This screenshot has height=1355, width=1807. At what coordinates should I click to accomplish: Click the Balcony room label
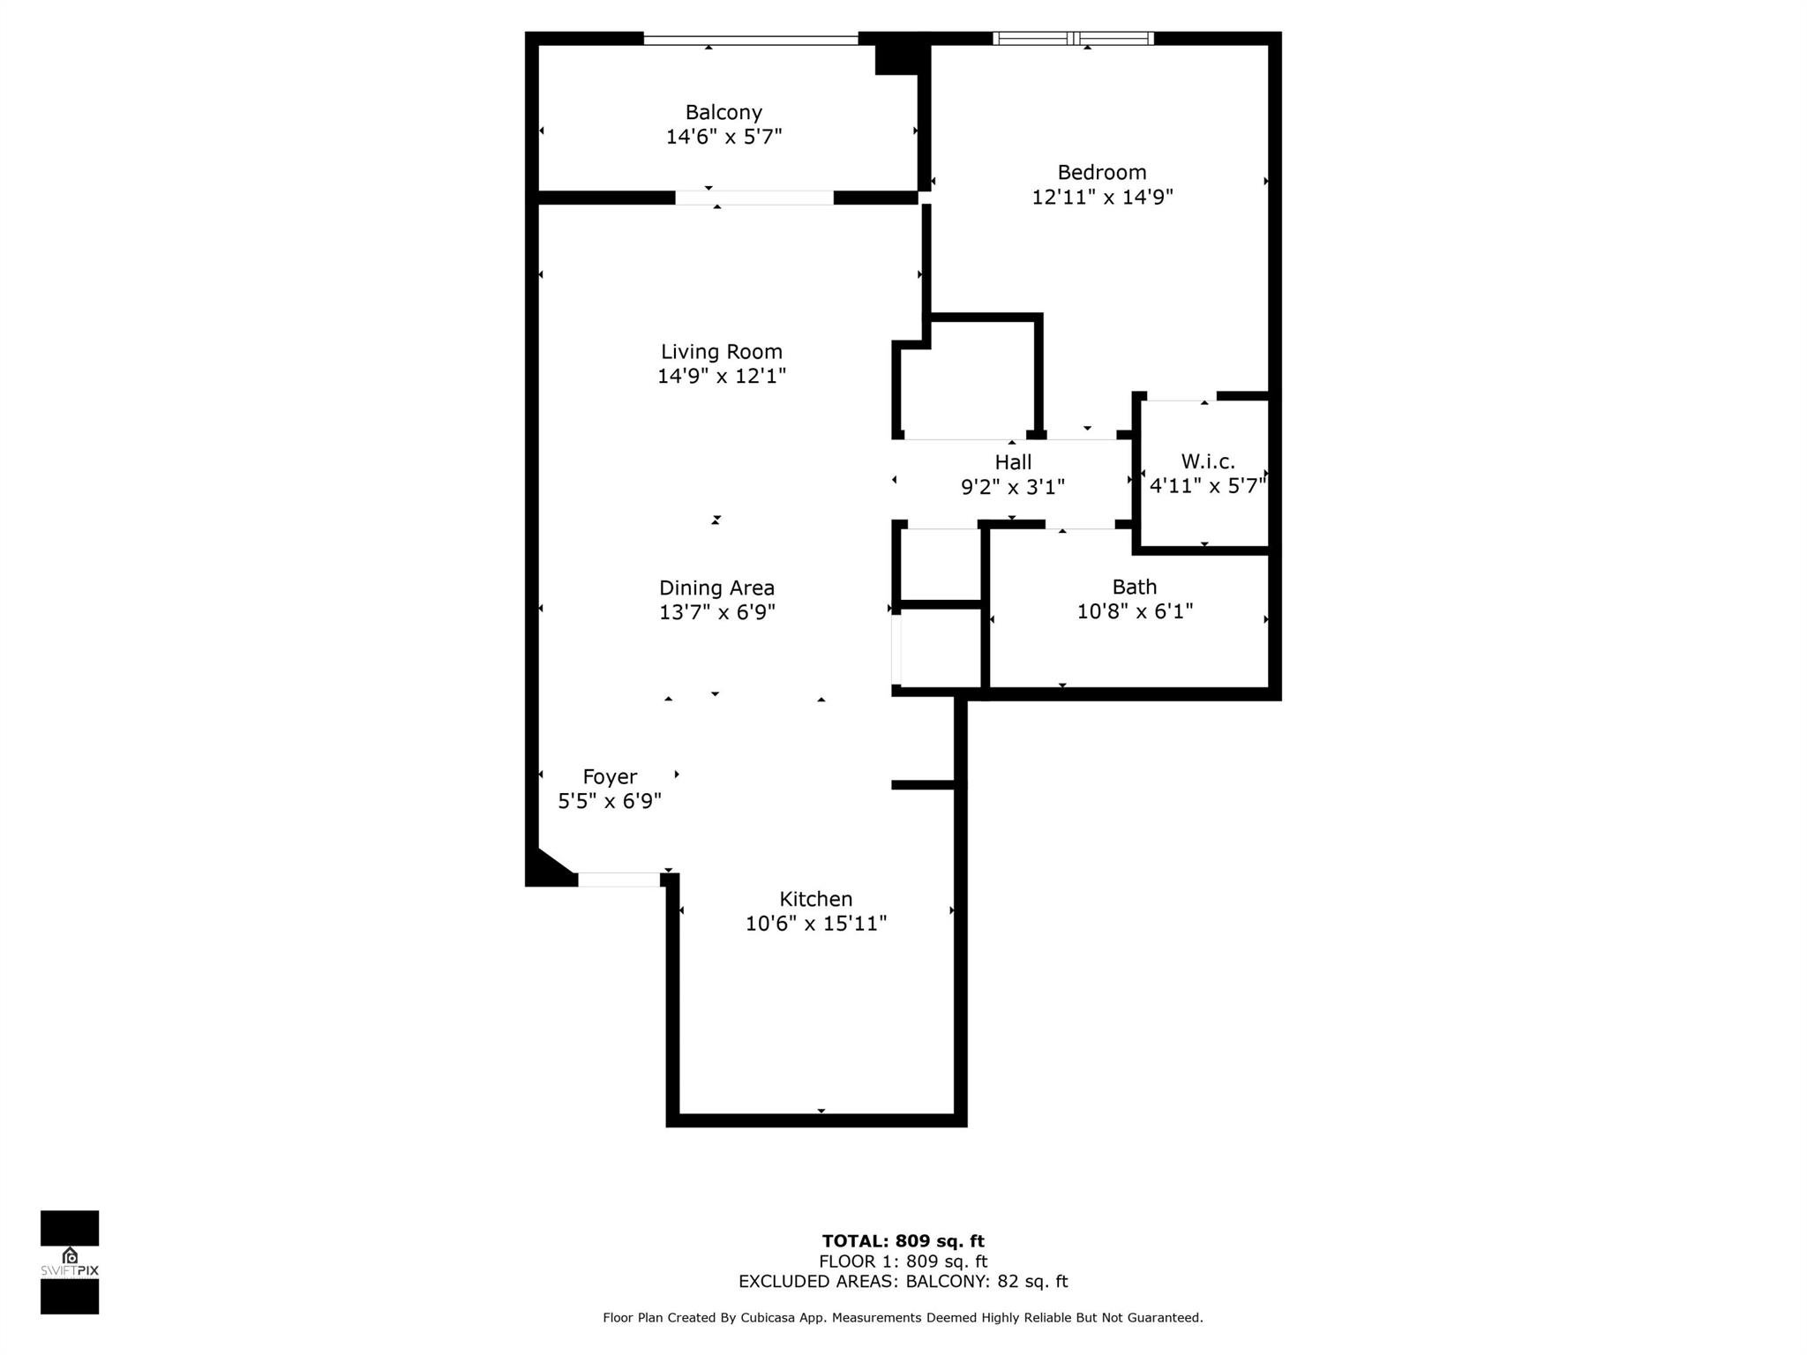coord(724,113)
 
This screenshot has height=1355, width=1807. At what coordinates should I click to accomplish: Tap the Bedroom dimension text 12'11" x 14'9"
coord(1102,197)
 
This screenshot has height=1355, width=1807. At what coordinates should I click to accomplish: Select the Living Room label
coord(722,352)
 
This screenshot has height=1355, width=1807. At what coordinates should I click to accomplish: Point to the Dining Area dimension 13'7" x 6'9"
coord(717,612)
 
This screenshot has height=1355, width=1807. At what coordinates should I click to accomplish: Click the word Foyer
coord(610,777)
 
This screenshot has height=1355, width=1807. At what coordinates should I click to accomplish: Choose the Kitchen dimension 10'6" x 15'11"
coord(816,924)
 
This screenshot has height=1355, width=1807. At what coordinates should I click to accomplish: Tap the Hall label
coord(1013,462)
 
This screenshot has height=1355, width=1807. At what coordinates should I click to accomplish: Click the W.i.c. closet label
coord(1208,461)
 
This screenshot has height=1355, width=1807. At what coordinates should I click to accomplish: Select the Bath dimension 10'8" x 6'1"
coord(1135,611)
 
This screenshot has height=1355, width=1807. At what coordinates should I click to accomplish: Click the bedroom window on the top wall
coord(1073,38)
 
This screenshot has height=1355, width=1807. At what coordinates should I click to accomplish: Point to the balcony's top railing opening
coord(751,39)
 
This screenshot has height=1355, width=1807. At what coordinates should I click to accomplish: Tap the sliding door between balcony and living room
coord(754,198)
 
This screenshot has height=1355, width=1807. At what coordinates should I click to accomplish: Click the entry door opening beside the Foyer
coord(619,880)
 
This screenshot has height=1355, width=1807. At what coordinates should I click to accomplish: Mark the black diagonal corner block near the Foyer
coord(545,871)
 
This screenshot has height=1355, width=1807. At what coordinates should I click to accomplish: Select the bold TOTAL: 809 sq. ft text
coord(903,1241)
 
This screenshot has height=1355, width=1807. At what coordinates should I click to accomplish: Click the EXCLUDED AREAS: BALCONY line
coord(903,1282)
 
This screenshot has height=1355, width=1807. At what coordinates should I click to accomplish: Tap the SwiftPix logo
coord(70,1262)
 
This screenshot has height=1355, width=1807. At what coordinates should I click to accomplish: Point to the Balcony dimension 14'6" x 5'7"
coord(724,137)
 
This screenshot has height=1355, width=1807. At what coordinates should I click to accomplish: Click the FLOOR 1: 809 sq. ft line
coord(903,1261)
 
